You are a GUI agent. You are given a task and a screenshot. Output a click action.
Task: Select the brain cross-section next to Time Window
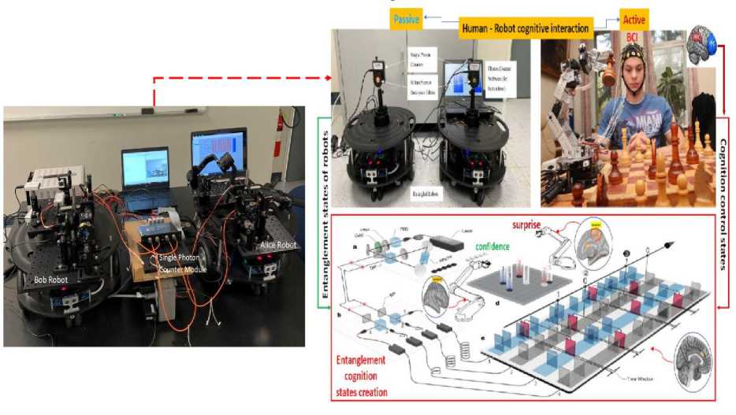(693, 356)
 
